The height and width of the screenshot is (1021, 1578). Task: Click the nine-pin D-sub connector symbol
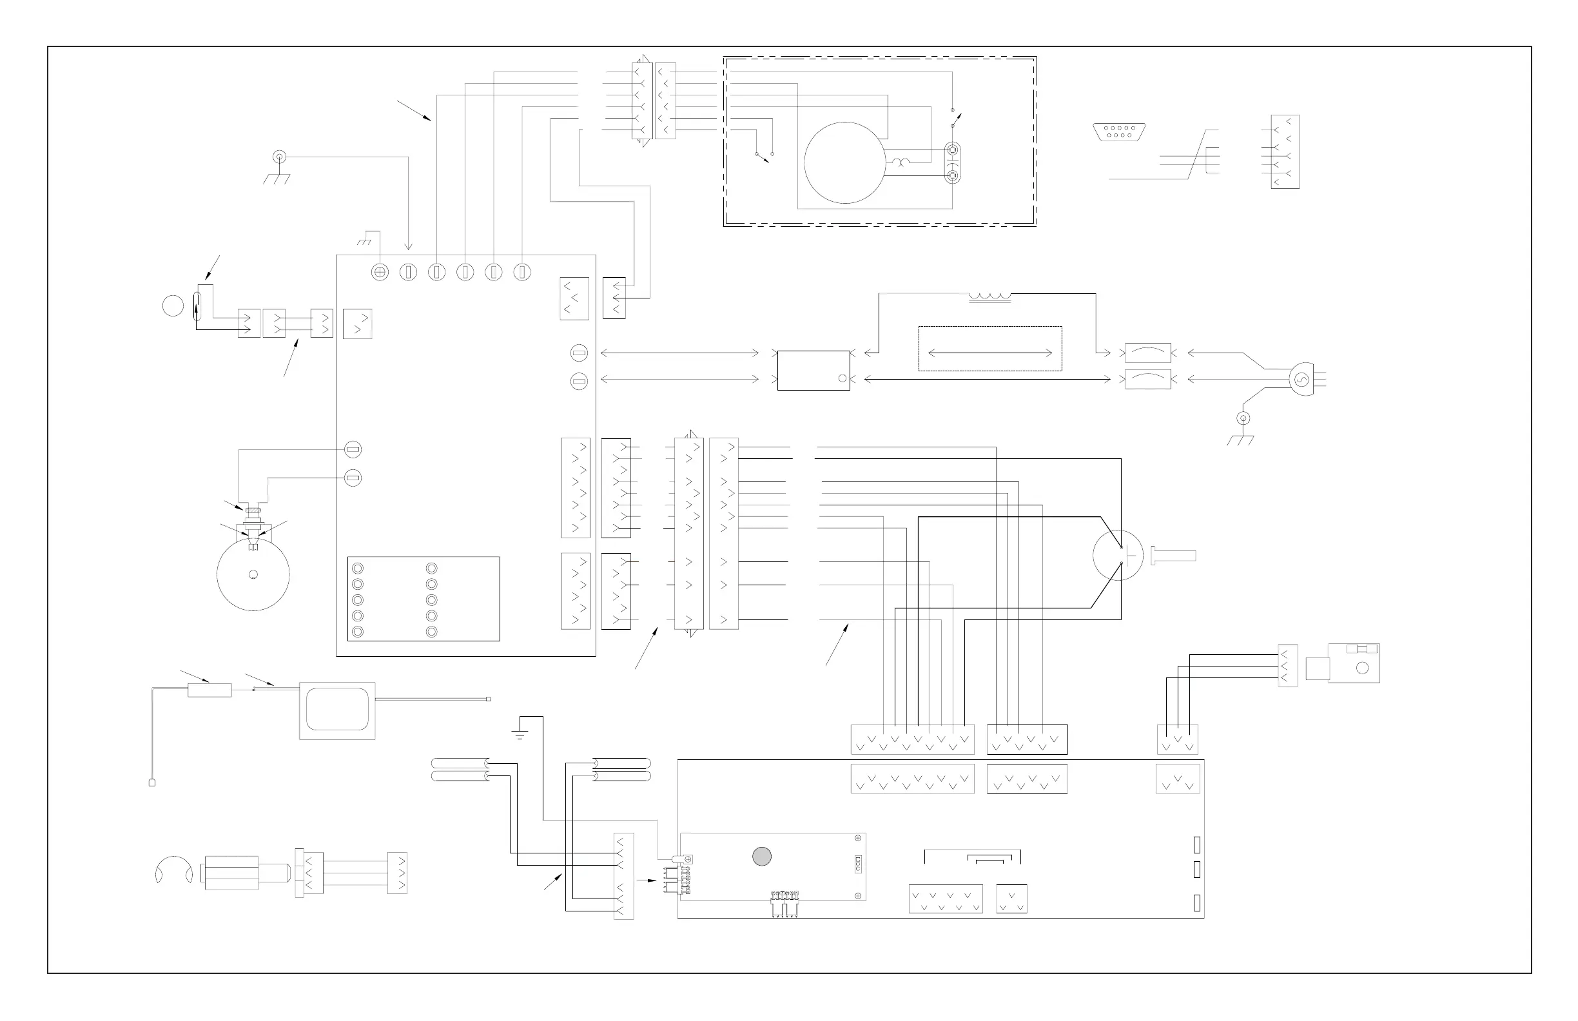[1119, 132]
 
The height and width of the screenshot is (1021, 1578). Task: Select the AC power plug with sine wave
[1301, 380]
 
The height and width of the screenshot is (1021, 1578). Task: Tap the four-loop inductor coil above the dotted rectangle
[990, 296]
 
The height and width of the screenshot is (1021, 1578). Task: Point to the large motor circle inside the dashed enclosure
[844, 162]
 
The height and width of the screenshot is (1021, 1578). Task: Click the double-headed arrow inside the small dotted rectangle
[990, 353]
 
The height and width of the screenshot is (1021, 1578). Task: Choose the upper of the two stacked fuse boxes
[1147, 353]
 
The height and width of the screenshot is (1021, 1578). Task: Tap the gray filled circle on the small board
[762, 857]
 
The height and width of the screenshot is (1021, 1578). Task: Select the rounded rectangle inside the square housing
[337, 710]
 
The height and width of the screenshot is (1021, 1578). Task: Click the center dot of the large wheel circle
[253, 574]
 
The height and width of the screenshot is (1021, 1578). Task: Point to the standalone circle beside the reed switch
[173, 306]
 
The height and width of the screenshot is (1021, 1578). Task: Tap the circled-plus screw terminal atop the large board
[380, 272]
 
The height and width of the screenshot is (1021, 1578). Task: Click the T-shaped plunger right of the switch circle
[1174, 556]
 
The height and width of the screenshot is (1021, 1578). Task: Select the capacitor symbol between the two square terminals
[953, 163]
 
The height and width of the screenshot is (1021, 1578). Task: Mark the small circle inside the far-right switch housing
[1363, 668]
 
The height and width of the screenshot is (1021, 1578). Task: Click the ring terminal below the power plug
[1244, 418]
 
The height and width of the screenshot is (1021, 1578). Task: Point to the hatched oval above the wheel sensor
[253, 510]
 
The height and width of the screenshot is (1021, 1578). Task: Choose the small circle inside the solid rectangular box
[842, 378]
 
